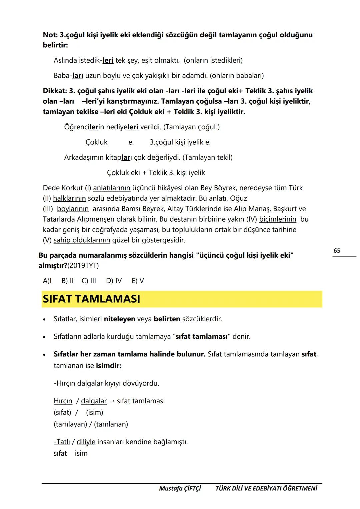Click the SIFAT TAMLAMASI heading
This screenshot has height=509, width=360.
coord(92,299)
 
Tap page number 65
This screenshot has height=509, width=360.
coord(337,251)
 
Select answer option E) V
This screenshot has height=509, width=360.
coord(138,281)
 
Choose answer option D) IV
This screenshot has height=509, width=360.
coord(114,281)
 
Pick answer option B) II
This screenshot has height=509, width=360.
coord(67,281)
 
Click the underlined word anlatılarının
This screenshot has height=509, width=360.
coord(111,188)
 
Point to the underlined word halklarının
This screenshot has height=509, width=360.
coord(69,198)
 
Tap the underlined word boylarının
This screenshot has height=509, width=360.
coord(73,209)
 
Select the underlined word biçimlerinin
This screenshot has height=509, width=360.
coord(278,219)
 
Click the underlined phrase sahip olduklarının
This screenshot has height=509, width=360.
coord(82,240)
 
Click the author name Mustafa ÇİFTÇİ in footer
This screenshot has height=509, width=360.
coord(180,488)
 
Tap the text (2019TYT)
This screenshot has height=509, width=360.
coord(83,266)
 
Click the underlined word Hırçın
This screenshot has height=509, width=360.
coord(63,401)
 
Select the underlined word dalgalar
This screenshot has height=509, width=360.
coord(94,401)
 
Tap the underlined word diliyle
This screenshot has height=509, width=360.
coord(86,442)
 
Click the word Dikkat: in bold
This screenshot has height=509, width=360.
coord(55,91)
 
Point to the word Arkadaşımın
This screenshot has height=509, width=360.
coord(84,157)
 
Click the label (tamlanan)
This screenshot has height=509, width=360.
coord(111,424)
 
